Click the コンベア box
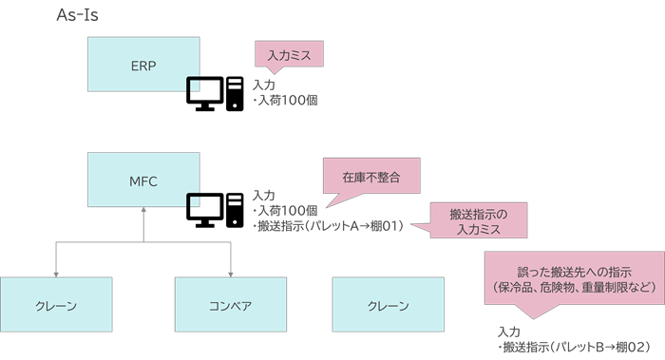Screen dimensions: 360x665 tap(230, 306)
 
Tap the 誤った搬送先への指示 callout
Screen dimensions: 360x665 tap(572, 272)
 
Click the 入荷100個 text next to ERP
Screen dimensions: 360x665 tap(286, 100)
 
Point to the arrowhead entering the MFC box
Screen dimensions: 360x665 tap(142, 211)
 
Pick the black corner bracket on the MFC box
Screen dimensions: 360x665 tap(193, 199)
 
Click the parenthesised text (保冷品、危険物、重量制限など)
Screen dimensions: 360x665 tap(572, 286)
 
